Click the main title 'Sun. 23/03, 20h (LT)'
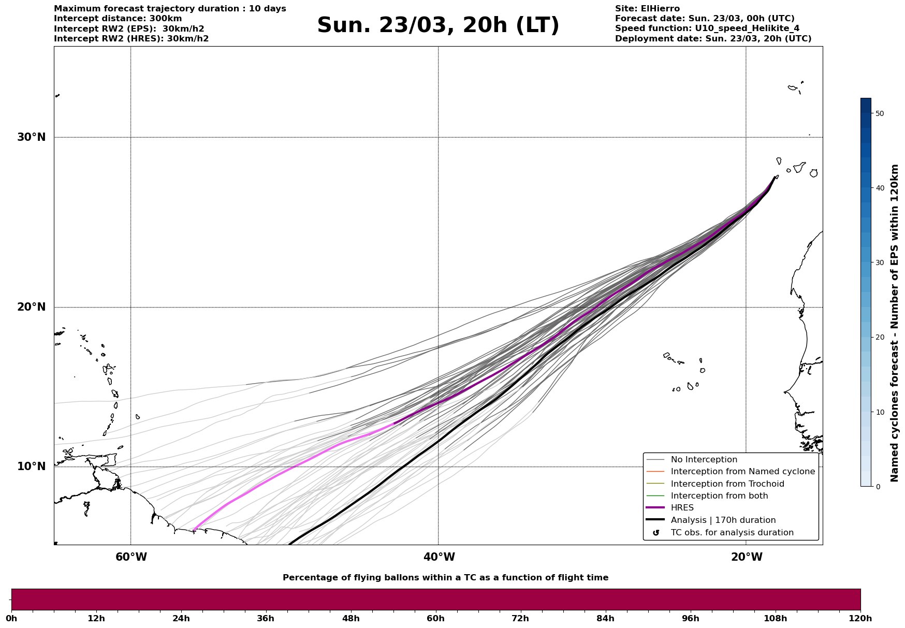[438, 25]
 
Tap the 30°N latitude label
[31, 137]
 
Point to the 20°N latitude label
[31, 307]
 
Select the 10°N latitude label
[31, 466]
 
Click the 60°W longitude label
[131, 557]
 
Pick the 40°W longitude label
[439, 557]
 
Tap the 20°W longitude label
[746, 557]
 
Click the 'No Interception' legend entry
[704, 460]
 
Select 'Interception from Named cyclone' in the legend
[742, 472]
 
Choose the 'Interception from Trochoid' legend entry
[727, 484]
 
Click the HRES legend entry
[682, 508]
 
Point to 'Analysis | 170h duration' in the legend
[723, 520]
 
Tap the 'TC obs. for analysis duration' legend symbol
[656, 533]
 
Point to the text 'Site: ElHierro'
[647, 9]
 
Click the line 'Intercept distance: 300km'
[118, 19]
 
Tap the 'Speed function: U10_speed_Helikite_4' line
[707, 28]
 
